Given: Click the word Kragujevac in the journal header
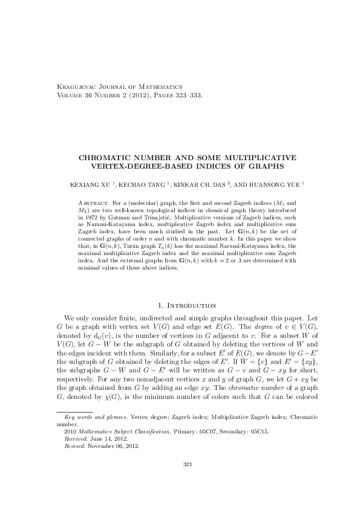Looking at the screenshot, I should click(x=75, y=87).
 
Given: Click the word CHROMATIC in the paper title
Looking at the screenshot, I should click(x=110, y=158).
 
